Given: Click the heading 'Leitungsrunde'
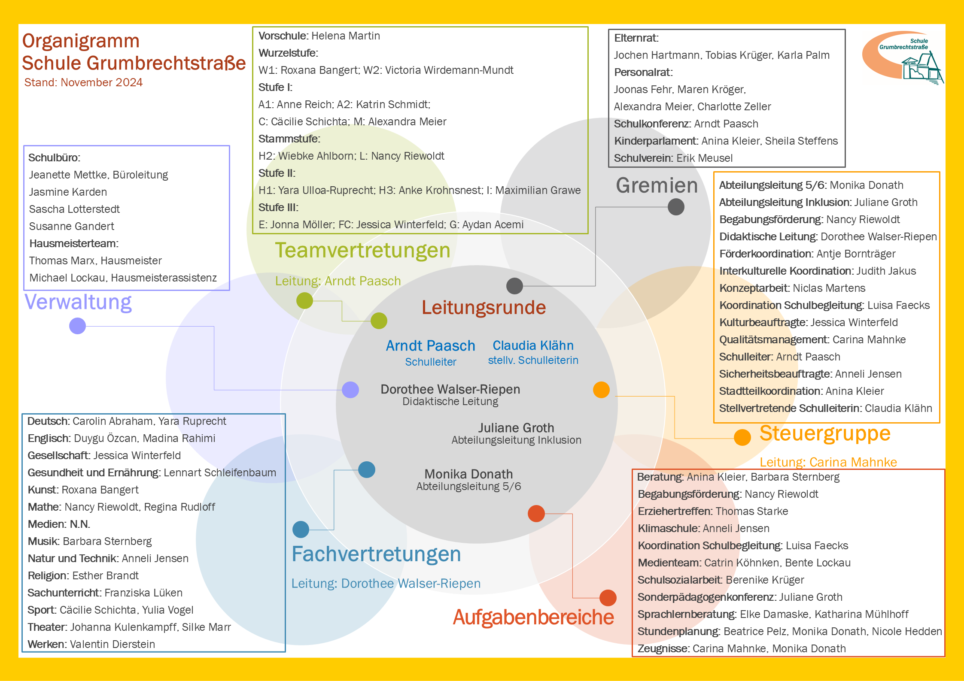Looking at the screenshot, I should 484,308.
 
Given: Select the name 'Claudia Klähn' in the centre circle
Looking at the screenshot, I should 533,345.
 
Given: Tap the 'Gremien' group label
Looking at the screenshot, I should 657,185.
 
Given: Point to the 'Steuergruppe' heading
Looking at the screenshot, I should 825,433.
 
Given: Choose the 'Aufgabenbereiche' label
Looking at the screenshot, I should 533,617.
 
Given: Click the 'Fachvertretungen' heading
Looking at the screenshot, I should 376,554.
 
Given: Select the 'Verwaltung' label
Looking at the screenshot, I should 78,302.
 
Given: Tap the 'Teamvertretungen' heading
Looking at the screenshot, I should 362,250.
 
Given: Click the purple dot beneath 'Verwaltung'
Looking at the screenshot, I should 78,326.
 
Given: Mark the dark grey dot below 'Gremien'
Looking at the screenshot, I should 676,207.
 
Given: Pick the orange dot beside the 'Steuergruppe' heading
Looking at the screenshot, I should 742,437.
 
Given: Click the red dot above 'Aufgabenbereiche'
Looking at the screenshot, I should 608,598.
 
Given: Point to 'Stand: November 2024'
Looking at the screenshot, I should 83,82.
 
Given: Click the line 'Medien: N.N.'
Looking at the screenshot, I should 59,524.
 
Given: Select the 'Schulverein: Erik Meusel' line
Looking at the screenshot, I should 673,158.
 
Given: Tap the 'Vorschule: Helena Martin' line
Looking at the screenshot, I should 319,36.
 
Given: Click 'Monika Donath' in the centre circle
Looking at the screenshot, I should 468,474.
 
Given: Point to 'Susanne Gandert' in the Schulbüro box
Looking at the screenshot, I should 71,226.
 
